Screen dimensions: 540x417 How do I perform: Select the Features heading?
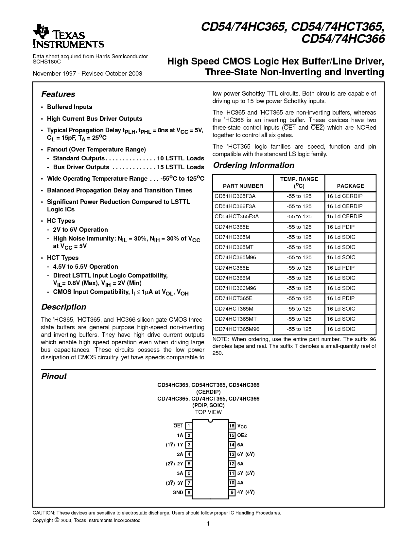click(58, 94)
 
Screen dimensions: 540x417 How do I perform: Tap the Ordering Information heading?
click(253, 165)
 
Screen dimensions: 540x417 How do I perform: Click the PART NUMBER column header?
click(243, 186)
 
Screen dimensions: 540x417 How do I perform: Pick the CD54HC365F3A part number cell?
click(235, 196)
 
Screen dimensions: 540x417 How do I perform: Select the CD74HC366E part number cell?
click(232, 268)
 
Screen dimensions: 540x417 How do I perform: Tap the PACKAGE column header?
click(350, 186)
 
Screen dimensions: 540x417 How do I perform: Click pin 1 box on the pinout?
click(189, 426)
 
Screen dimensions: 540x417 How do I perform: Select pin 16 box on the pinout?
click(232, 426)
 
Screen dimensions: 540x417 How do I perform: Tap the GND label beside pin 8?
click(178, 492)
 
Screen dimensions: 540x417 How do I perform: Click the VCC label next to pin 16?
click(242, 426)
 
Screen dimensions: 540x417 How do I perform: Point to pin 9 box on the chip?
click(232, 492)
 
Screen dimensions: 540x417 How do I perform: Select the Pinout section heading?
click(54, 376)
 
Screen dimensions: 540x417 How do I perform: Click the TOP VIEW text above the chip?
click(208, 412)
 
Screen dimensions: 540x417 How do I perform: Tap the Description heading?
click(63, 307)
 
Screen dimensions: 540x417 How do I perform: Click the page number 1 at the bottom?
click(208, 524)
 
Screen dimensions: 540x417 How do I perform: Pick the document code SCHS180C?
click(46, 62)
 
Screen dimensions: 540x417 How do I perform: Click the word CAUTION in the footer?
click(43, 513)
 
